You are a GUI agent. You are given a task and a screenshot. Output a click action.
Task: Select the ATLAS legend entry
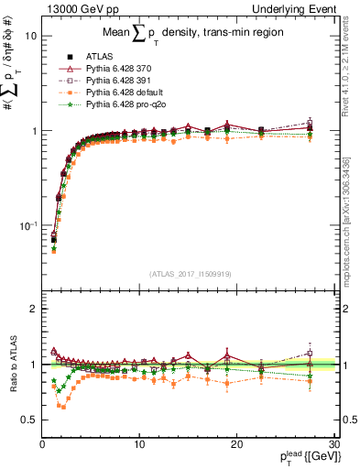[99, 56]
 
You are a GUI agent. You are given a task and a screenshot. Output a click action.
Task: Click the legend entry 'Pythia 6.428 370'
[120, 69]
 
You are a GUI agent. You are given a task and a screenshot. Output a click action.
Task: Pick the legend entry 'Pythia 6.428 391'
[120, 81]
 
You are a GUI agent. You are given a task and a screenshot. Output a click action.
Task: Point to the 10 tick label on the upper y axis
[30, 36]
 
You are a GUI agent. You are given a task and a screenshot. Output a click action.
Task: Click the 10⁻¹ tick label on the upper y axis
[27, 225]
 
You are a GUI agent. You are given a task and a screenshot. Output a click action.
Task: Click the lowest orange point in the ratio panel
[63, 407]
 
